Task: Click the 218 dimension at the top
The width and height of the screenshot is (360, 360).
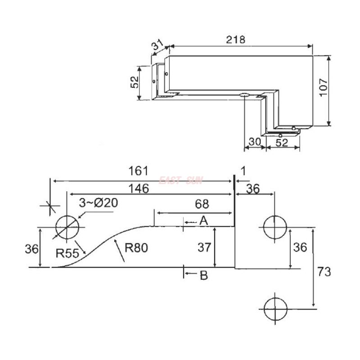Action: [x=236, y=40]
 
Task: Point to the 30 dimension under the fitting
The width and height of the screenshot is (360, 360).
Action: [x=254, y=142]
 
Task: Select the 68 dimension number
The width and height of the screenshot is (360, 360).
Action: [x=202, y=204]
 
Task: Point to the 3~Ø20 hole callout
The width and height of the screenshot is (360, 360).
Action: [x=99, y=203]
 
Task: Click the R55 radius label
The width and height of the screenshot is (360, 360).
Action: [x=66, y=253]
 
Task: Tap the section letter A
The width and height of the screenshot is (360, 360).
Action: [x=203, y=220]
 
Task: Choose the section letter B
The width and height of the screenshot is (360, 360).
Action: [x=203, y=275]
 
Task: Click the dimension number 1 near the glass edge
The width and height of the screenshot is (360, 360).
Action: [x=243, y=171]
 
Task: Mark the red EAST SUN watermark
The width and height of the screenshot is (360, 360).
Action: [x=181, y=181]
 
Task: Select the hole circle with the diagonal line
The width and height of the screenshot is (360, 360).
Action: [x=67, y=227]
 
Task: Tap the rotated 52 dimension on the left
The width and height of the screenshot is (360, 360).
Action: [x=134, y=82]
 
